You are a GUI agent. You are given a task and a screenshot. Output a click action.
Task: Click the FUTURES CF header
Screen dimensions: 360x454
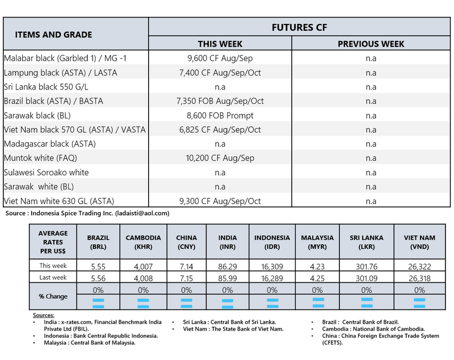coord(301,27)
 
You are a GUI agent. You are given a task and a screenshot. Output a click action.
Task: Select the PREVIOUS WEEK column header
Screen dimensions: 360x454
coord(371,44)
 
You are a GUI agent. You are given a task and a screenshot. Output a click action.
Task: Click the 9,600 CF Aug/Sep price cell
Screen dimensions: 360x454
coord(220,58)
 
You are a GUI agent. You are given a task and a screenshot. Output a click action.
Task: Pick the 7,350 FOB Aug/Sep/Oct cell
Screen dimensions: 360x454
coord(220,101)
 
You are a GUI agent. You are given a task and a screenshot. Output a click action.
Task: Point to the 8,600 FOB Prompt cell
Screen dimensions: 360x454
coord(220,115)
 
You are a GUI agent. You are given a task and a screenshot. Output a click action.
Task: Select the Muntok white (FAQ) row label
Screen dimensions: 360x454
coord(40,158)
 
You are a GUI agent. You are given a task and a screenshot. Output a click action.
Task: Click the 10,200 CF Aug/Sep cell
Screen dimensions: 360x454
coord(220,158)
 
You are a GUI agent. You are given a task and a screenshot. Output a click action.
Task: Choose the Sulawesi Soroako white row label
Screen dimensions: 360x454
coord(47,172)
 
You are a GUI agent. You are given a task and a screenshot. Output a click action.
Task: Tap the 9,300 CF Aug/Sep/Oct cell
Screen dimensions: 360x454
coord(220,201)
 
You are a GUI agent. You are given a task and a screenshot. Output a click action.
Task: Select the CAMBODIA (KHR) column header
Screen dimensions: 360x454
coord(143,242)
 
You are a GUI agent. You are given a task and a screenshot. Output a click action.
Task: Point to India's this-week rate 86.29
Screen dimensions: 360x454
coord(227,265)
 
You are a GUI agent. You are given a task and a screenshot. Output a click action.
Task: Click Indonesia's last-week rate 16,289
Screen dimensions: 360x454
coord(272,278)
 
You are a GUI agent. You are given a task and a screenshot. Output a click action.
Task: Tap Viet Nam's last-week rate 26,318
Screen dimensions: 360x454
coord(420,278)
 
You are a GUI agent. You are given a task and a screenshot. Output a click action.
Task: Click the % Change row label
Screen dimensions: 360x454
coord(53,297)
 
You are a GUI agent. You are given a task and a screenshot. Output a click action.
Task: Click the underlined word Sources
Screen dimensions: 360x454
coord(44,315)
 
